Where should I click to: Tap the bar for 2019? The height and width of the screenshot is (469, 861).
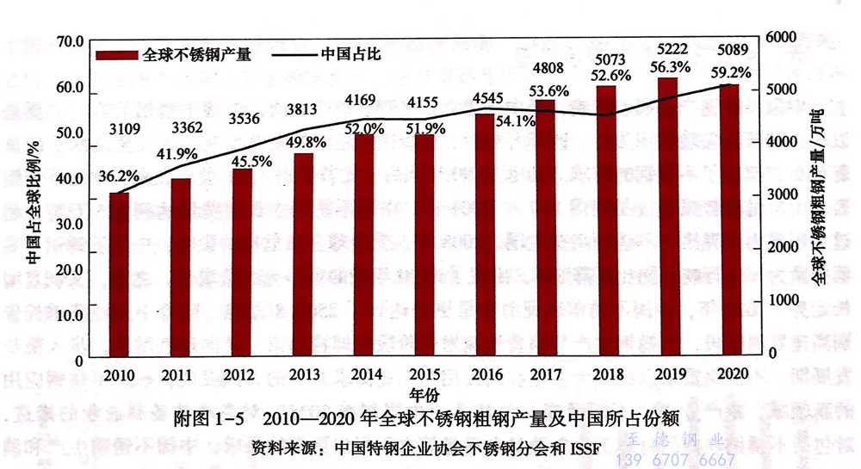click(668, 216)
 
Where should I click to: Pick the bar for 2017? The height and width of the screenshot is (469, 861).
click(546, 227)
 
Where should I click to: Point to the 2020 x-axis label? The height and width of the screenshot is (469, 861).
click(729, 375)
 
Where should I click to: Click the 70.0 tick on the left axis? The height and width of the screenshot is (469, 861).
click(68, 41)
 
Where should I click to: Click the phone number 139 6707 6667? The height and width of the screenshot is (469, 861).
click(676, 460)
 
